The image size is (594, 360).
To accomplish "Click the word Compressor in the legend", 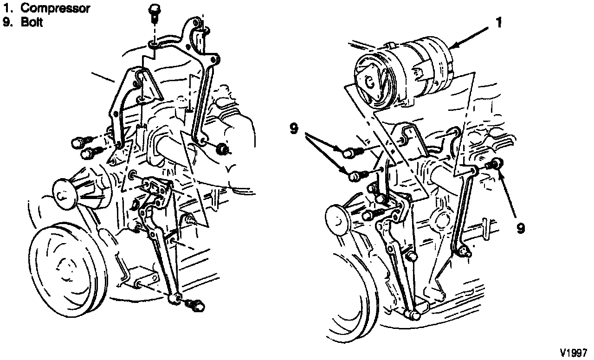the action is click(x=55, y=8).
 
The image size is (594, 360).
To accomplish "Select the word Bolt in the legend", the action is click(x=32, y=22).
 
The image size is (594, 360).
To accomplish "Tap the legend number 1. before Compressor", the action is click(x=8, y=8).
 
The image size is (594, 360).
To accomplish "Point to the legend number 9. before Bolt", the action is click(x=8, y=22).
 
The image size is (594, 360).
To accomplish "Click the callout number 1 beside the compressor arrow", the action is click(x=499, y=23).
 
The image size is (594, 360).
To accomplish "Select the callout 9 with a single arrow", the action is click(x=521, y=228).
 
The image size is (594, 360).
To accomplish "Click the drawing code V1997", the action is click(x=573, y=353).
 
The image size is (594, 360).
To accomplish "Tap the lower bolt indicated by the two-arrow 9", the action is click(x=358, y=176).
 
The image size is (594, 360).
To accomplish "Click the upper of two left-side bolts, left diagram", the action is click(x=81, y=142).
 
